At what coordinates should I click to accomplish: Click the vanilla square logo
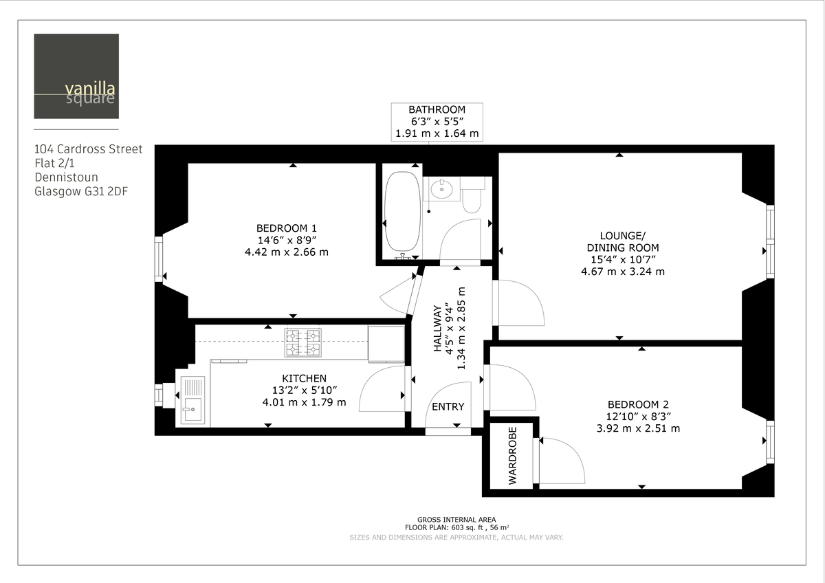pyautogui.click(x=76, y=76)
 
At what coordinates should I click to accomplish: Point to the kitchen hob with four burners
pyautogui.click(x=303, y=342)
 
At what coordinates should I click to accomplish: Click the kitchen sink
pyautogui.click(x=192, y=401)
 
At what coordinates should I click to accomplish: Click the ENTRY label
pyautogui.click(x=448, y=406)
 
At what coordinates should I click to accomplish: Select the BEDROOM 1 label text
pyautogui.click(x=287, y=228)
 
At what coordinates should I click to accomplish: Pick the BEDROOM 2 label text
pyautogui.click(x=638, y=404)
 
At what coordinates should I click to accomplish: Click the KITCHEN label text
pyautogui.click(x=304, y=378)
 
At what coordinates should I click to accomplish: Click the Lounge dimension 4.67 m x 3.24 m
pyautogui.click(x=623, y=272)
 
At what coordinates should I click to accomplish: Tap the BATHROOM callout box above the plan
pyautogui.click(x=437, y=122)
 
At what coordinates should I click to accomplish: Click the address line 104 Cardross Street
pyautogui.click(x=89, y=148)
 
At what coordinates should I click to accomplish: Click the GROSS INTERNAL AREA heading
pyautogui.click(x=456, y=520)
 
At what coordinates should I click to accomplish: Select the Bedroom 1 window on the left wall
pyautogui.click(x=159, y=258)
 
